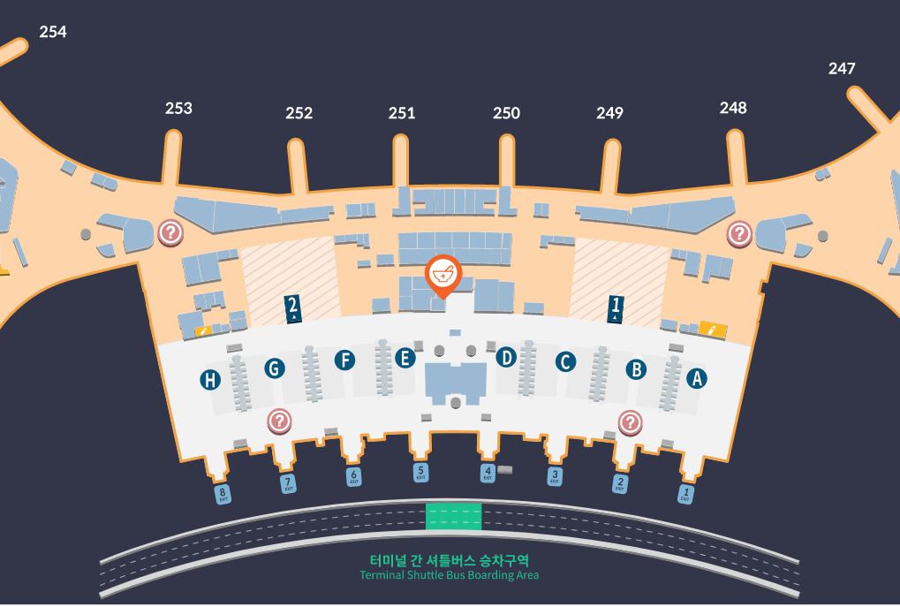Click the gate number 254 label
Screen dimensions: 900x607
tap(53, 32)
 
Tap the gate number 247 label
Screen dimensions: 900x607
tap(842, 68)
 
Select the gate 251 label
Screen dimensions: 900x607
tap(402, 112)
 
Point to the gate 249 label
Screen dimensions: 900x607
tap(609, 112)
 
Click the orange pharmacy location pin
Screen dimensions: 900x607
tap(442, 275)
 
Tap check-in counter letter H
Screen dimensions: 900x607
tap(210, 380)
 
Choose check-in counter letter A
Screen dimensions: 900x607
tap(697, 378)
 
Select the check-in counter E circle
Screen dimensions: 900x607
tap(405, 358)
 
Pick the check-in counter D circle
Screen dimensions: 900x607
tap(506, 357)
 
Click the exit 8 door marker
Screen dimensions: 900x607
tap(223, 494)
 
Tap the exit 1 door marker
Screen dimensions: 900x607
tap(686, 493)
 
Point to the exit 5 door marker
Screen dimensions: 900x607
tap(421, 473)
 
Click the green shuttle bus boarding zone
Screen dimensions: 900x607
tap(454, 516)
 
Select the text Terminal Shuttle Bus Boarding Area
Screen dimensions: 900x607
tap(449, 575)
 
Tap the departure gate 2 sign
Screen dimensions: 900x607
tap(293, 308)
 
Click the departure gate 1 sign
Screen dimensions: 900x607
tap(616, 307)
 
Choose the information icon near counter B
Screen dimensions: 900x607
tap(630, 422)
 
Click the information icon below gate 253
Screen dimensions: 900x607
tap(170, 233)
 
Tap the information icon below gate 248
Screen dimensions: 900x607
tap(738, 233)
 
